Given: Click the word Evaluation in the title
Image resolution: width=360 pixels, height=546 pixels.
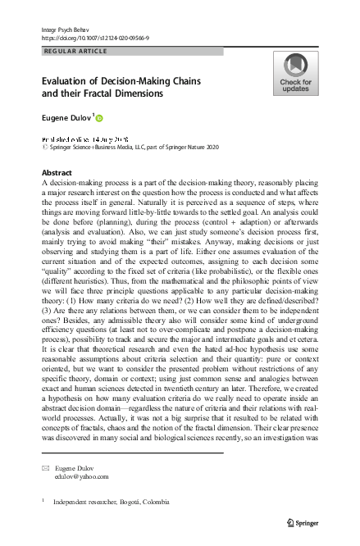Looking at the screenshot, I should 67,81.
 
